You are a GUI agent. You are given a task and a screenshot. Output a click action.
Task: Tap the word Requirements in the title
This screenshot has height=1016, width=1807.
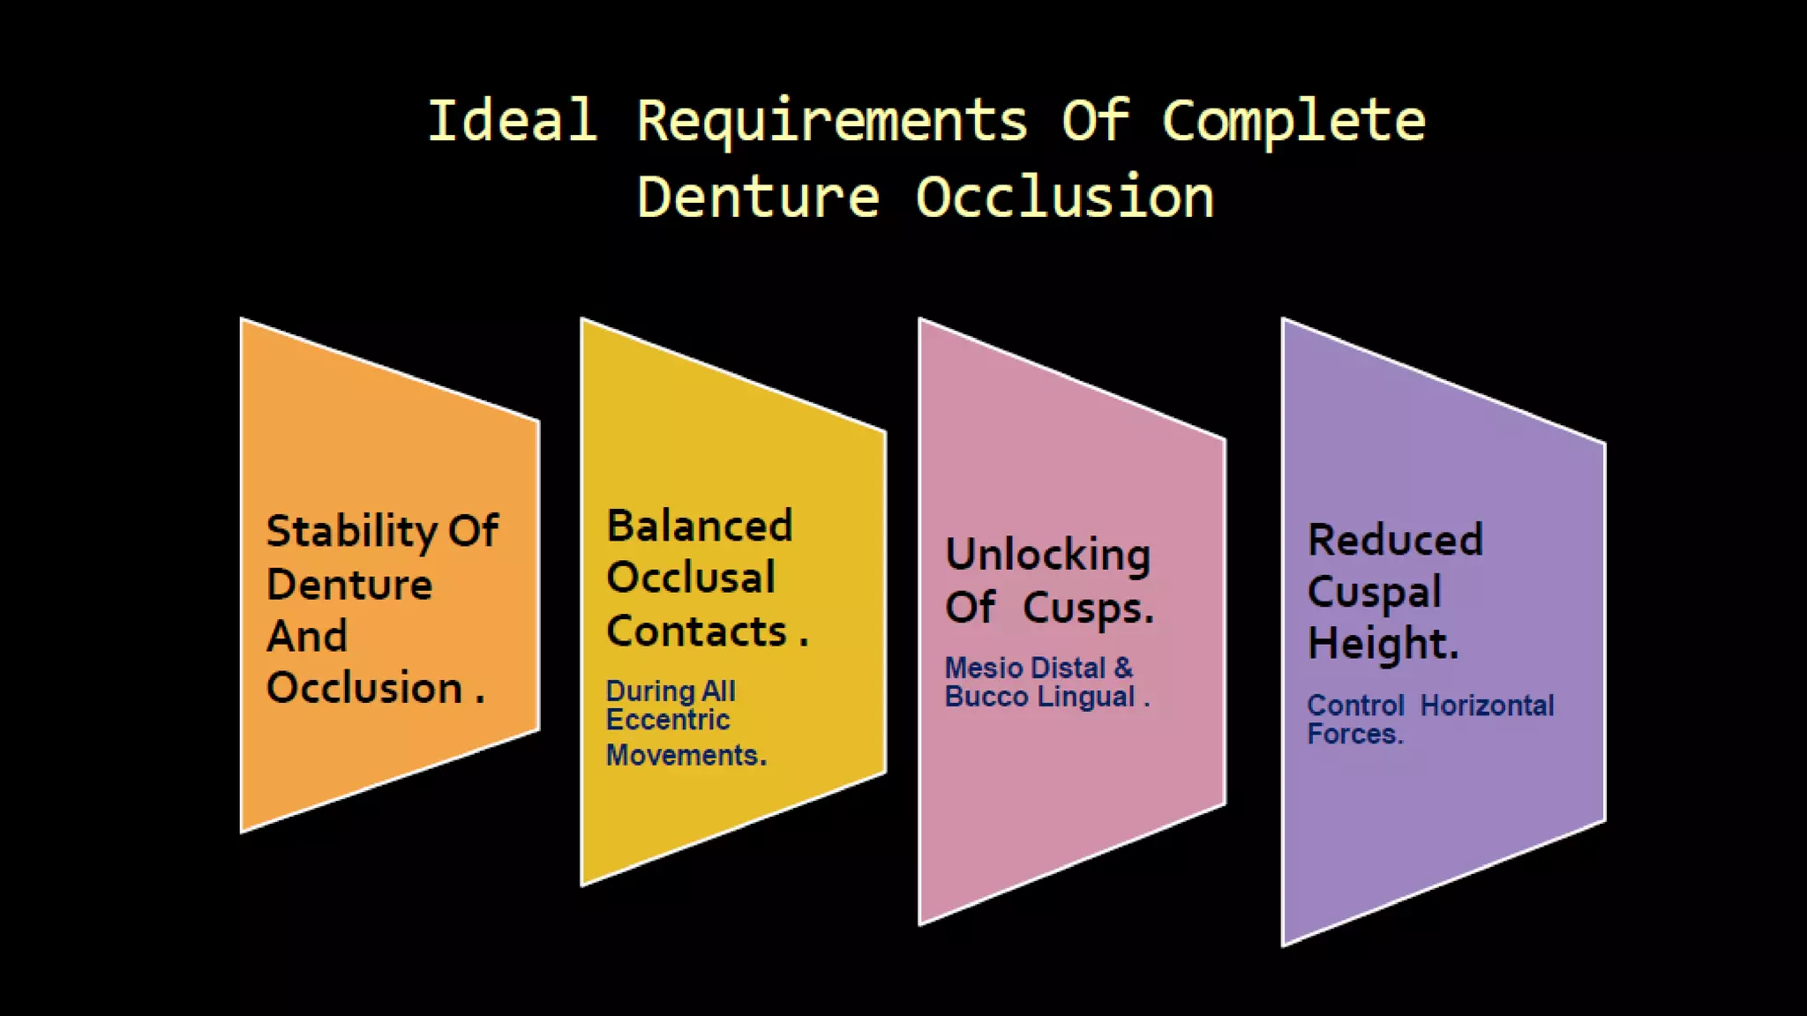pos(832,122)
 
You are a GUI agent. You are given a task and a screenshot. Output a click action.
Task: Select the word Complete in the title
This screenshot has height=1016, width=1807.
pos(1293,122)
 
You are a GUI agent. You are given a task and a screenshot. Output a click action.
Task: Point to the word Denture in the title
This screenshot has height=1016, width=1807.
pos(758,197)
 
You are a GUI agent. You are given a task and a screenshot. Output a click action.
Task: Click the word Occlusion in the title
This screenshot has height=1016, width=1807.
pos(1064,197)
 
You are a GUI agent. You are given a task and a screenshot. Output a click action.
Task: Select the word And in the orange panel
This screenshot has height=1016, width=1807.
pos(307,636)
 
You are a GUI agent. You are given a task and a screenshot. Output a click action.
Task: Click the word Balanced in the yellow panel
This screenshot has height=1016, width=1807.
pos(700,527)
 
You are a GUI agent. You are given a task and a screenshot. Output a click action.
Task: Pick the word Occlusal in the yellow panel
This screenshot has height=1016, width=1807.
pos(691,578)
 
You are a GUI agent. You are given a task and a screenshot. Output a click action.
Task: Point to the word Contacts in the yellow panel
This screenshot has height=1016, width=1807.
pos(697,631)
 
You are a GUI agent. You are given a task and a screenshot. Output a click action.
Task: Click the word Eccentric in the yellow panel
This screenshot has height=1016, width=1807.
pos(668,720)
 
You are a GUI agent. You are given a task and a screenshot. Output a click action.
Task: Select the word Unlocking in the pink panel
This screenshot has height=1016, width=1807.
pos(1047,556)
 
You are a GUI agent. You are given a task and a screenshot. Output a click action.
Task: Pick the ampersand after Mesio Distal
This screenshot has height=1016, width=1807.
pos(1123,668)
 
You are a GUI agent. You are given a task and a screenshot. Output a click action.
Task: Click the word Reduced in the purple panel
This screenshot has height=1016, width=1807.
pos(1395,540)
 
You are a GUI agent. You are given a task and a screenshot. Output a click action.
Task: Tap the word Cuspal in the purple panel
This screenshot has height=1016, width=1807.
pos(1374,592)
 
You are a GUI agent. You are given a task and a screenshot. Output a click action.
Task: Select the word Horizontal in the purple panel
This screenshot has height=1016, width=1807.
pos(1487,706)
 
